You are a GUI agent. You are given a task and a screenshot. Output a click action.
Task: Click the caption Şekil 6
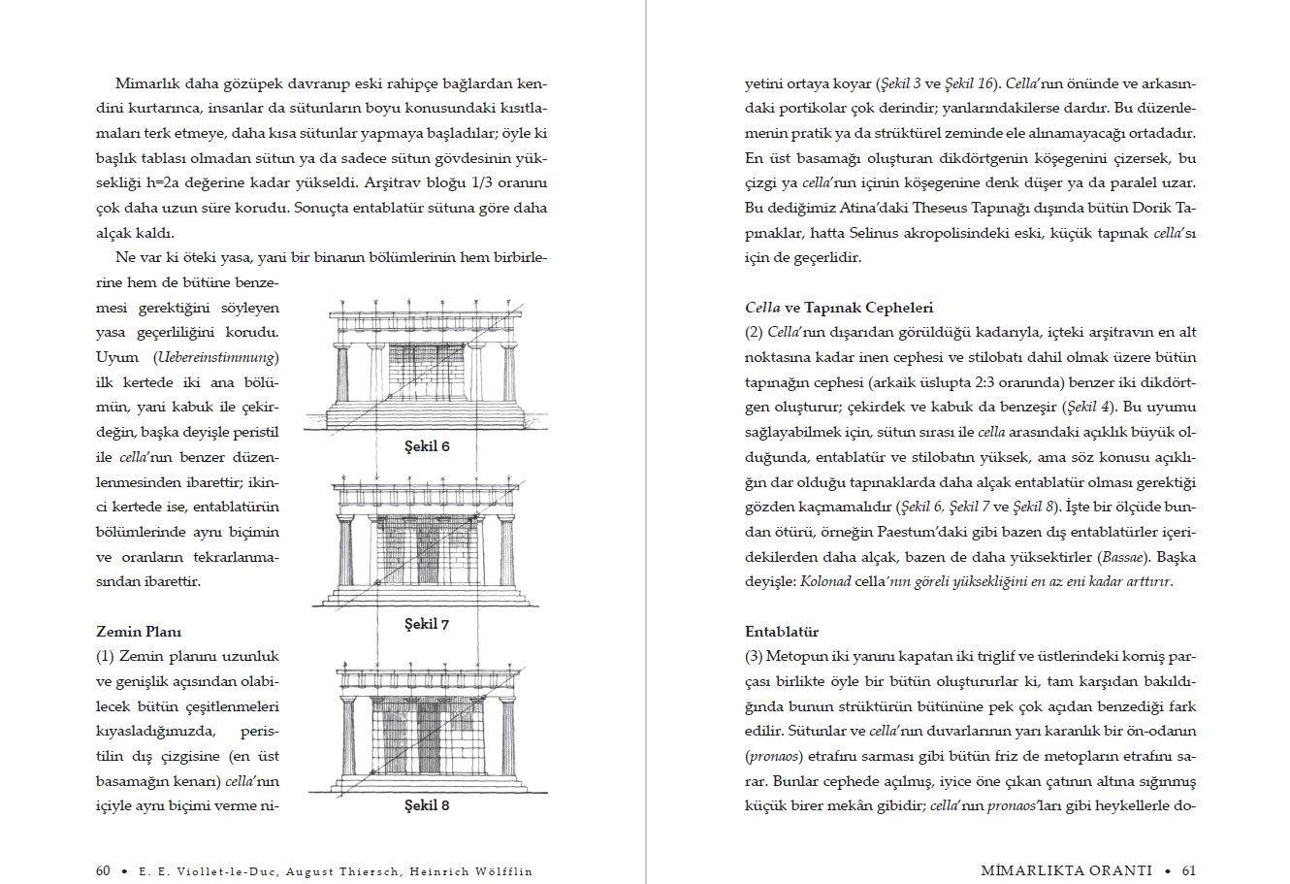(x=427, y=446)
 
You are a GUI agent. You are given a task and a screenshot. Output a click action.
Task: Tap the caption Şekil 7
(x=427, y=624)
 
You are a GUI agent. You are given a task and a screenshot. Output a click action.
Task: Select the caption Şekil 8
(x=427, y=805)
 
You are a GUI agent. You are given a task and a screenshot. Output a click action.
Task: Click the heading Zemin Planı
(x=139, y=632)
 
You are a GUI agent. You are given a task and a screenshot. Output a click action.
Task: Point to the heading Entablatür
(x=782, y=632)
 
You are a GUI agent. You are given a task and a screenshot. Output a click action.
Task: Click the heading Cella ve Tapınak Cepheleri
(x=839, y=308)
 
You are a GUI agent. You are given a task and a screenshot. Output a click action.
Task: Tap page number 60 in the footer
(x=103, y=871)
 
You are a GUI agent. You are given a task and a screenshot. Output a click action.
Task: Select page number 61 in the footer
(x=1189, y=871)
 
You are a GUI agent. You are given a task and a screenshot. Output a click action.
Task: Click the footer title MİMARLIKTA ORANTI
(x=1067, y=871)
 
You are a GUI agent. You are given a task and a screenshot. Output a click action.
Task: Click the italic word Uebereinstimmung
(x=216, y=357)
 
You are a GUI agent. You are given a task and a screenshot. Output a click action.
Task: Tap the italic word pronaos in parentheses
(x=773, y=756)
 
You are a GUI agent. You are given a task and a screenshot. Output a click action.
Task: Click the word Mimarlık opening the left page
(x=146, y=83)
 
